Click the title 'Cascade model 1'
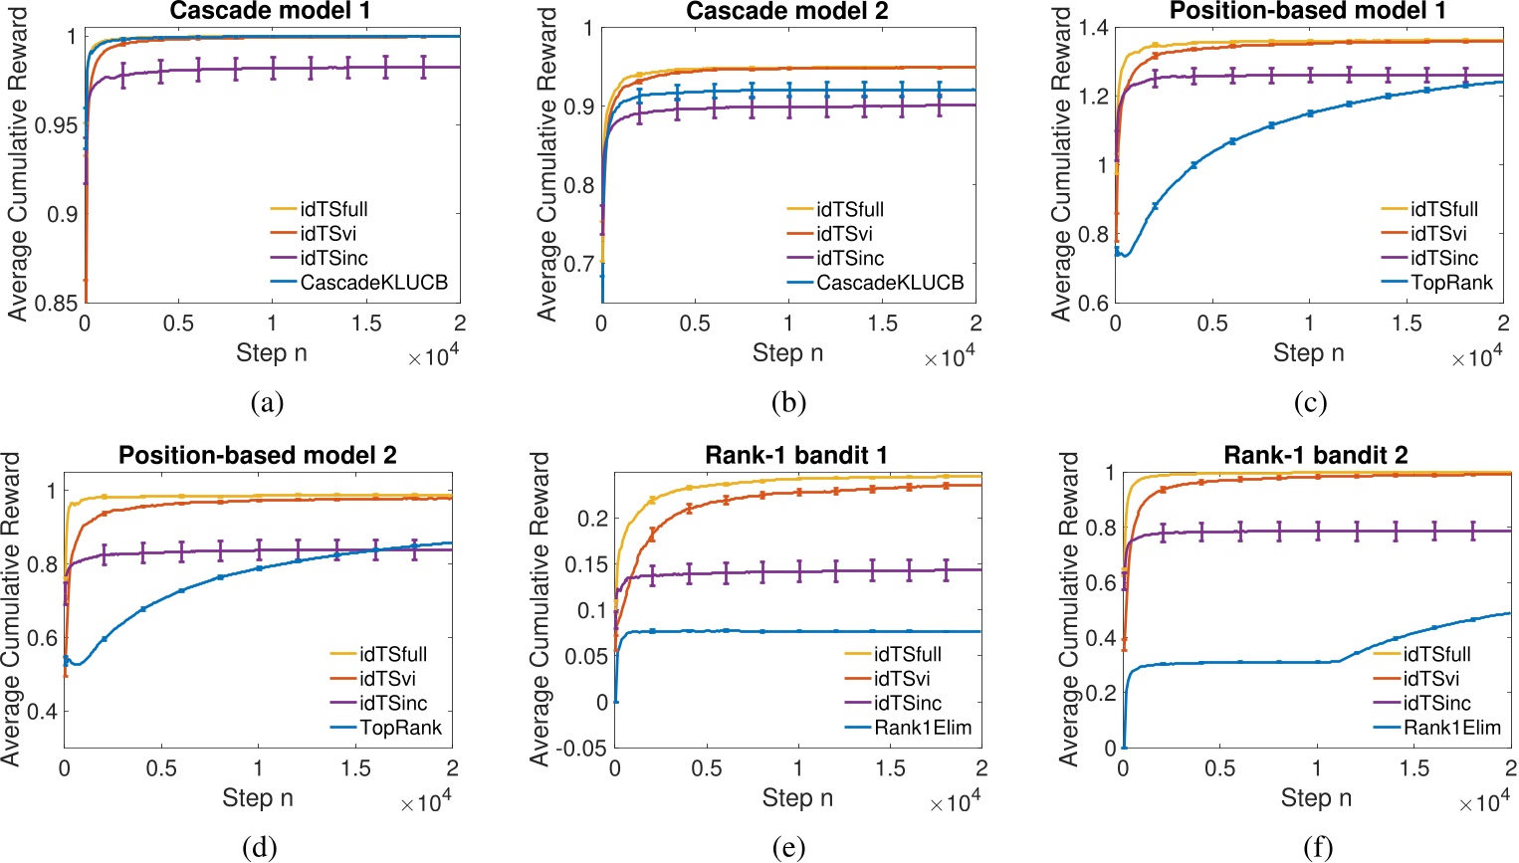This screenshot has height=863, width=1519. pyautogui.click(x=271, y=11)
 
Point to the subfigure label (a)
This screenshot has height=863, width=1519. pyautogui.click(x=268, y=402)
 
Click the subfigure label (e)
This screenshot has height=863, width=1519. pyautogui.click(x=787, y=847)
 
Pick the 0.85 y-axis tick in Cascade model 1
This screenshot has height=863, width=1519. pyautogui.click(x=56, y=303)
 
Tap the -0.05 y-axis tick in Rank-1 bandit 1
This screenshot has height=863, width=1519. pyautogui.click(x=580, y=748)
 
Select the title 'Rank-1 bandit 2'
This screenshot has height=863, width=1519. pyautogui.click(x=1315, y=456)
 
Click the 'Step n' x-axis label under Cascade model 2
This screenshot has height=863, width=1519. pyautogui.click(x=787, y=353)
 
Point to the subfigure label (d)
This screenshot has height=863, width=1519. pyautogui.click(x=259, y=847)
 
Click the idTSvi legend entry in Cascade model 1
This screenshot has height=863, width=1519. pyautogui.click(x=333, y=234)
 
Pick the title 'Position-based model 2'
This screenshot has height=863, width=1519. pyautogui.click(x=258, y=456)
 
